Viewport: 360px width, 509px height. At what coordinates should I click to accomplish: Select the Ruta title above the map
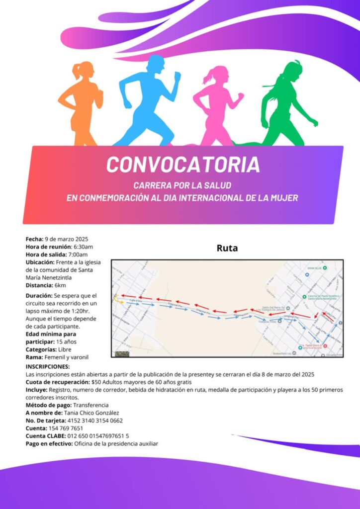(227, 248)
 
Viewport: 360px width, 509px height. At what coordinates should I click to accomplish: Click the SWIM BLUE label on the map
(314, 268)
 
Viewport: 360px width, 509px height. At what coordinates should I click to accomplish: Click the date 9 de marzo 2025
(67, 239)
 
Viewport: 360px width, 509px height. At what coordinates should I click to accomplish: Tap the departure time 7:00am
(79, 254)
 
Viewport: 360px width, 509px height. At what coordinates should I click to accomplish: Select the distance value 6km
(61, 285)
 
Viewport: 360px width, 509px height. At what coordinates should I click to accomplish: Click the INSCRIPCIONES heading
(48, 366)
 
